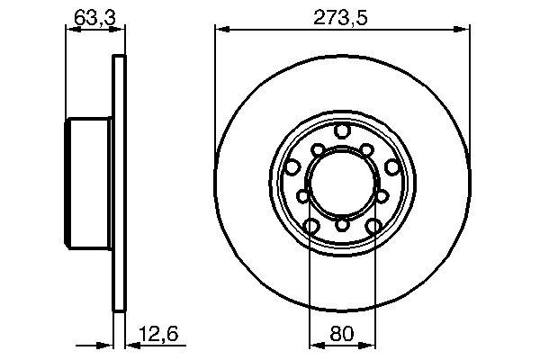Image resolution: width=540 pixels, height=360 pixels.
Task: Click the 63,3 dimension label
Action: pos(87,15)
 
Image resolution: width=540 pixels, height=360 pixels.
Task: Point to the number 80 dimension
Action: pos(342,334)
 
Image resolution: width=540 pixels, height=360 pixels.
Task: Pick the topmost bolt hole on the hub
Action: pos(341,132)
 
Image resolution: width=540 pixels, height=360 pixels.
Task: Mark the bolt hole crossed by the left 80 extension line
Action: pos(311,226)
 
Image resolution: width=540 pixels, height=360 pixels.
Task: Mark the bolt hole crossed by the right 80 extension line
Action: pos(372,226)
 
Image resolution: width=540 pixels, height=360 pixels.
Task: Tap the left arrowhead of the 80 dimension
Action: pos(315,344)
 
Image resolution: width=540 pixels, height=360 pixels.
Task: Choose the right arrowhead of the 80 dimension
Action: pos(367,344)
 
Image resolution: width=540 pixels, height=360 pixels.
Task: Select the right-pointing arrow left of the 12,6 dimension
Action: pos(105,344)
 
